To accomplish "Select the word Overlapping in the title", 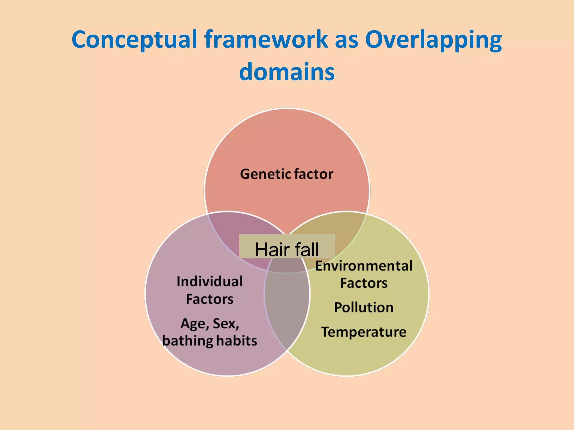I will point(433,39).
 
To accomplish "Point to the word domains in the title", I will point(287,72).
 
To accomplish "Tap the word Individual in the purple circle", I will point(210,282).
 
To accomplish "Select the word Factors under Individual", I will point(210,299).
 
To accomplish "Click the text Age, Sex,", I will point(210,324).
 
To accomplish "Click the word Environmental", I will point(364,266).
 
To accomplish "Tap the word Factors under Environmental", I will point(364,283).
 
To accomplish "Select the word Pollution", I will point(364,307).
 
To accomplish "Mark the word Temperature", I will point(364,332).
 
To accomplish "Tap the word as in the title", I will point(346,39).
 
